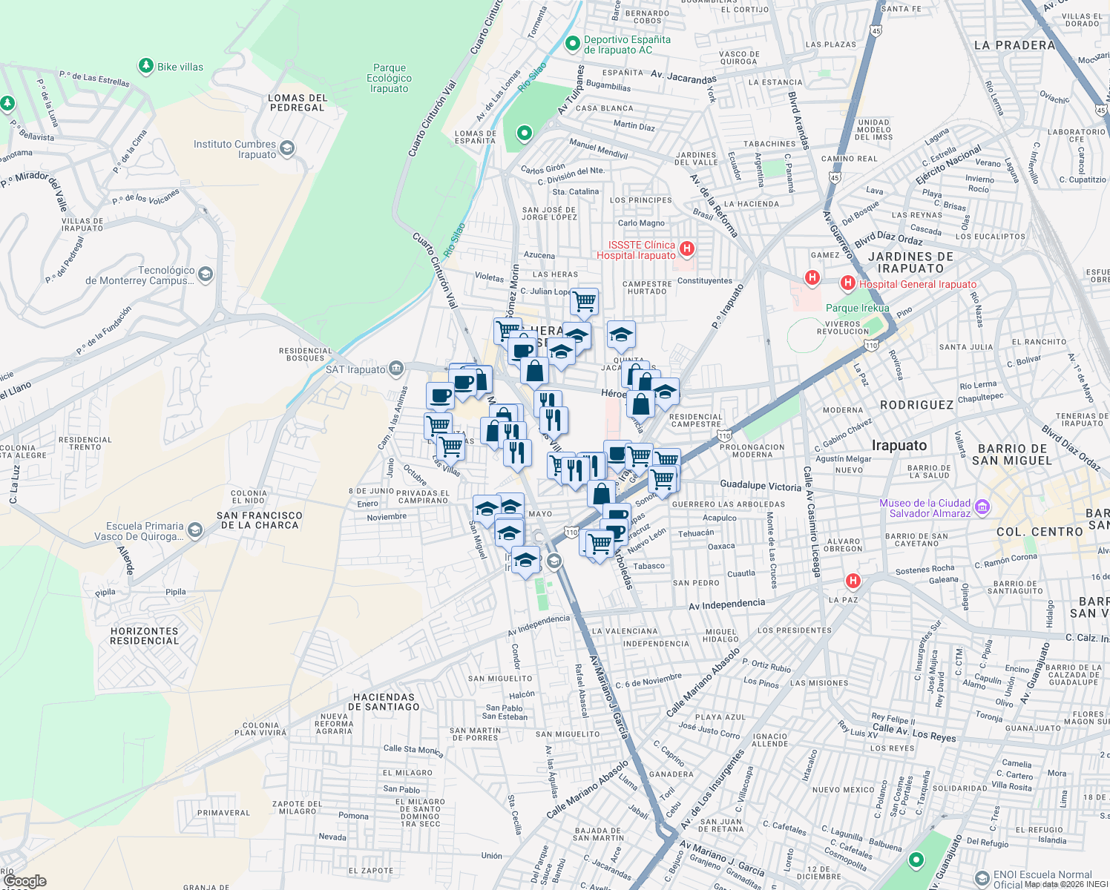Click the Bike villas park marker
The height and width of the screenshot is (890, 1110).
click(146, 67)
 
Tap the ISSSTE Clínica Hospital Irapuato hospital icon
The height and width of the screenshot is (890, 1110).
click(687, 249)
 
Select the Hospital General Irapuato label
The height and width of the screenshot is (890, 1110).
click(918, 284)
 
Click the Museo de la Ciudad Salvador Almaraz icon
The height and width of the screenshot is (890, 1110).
click(982, 507)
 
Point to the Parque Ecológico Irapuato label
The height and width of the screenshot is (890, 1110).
click(389, 78)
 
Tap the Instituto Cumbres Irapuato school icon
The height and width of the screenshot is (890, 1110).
click(287, 149)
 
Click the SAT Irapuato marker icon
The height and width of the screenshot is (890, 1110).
click(396, 369)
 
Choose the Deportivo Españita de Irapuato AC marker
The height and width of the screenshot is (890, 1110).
click(572, 44)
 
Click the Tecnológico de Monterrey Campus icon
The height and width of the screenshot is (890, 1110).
click(206, 275)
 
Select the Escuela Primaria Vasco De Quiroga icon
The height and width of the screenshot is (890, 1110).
click(194, 530)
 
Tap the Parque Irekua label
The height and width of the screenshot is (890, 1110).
click(857, 308)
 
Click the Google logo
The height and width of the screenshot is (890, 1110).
click(24, 881)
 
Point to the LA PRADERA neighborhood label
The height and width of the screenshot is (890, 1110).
click(1014, 45)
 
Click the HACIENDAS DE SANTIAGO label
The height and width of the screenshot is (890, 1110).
click(384, 702)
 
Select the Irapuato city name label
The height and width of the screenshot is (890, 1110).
click(899, 446)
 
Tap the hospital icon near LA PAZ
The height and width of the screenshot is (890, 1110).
click(853, 581)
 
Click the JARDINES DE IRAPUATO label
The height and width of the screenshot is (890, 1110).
click(910, 263)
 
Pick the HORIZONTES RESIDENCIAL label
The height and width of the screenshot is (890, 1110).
click(145, 636)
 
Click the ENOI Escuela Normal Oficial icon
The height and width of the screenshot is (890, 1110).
click(982, 879)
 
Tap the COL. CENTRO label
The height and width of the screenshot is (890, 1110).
click(1040, 532)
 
